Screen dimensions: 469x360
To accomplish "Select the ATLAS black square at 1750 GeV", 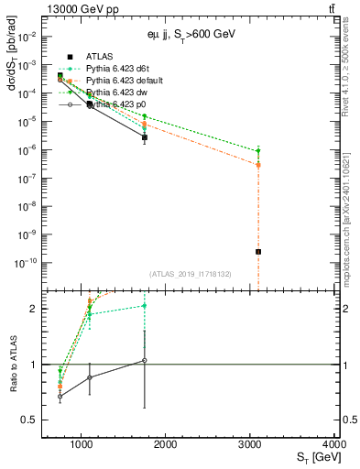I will point(145,136).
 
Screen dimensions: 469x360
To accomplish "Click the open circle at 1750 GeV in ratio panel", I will point(145,360).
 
